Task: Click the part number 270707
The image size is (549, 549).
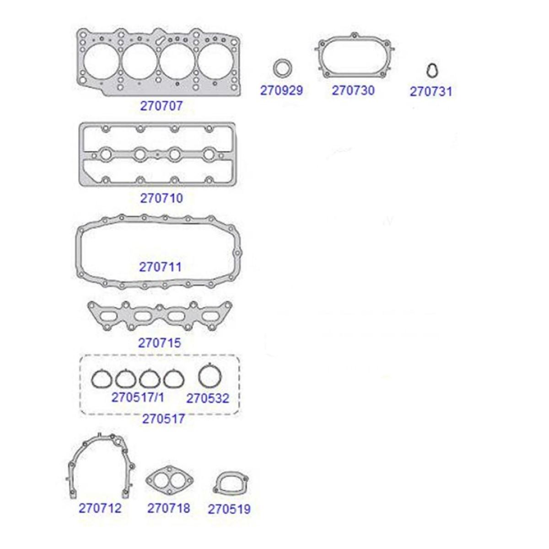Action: click(161, 106)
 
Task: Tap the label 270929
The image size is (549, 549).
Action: click(281, 91)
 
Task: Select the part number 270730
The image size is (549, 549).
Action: click(353, 91)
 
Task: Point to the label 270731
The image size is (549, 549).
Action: click(431, 92)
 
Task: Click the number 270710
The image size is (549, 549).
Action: click(161, 198)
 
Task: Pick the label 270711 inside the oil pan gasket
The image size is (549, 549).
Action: click(160, 267)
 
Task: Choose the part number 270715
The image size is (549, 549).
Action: click(159, 343)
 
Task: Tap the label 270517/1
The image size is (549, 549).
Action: click(138, 398)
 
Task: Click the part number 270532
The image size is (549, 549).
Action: click(208, 398)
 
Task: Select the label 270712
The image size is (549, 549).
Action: click(100, 508)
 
